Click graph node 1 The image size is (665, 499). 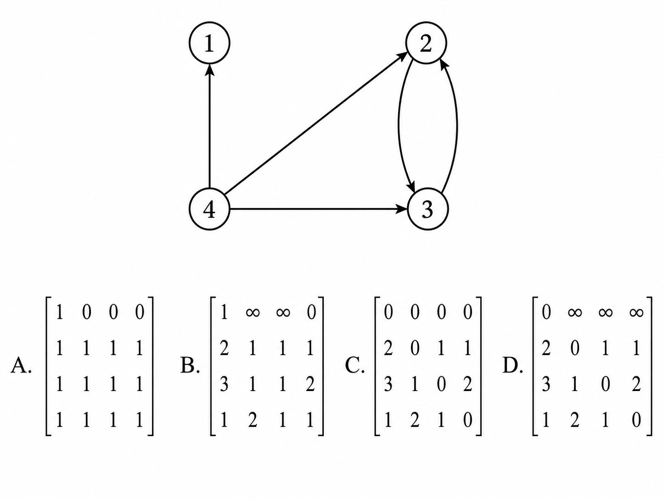tap(209, 43)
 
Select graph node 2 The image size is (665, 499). tap(426, 43)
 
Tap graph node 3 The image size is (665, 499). tap(428, 209)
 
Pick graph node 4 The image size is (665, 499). tap(209, 209)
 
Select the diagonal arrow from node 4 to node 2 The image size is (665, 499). tap(316, 124)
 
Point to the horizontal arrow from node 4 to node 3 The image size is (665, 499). tap(318, 209)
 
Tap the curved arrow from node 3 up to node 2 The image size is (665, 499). tap(456, 126)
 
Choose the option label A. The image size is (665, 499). tap(21, 366)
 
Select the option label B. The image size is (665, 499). tap(190, 366)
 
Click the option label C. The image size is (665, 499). tap(355, 366)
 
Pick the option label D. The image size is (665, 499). tap(513, 366)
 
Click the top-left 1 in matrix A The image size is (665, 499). tap(59, 312)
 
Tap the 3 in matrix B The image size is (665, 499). tap(224, 385)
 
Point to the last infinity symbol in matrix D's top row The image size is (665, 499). tap(636, 312)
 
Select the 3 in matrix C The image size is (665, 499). tap(388, 385)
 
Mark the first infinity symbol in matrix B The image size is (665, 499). tap(253, 312)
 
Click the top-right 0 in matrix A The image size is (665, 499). tap(139, 312)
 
